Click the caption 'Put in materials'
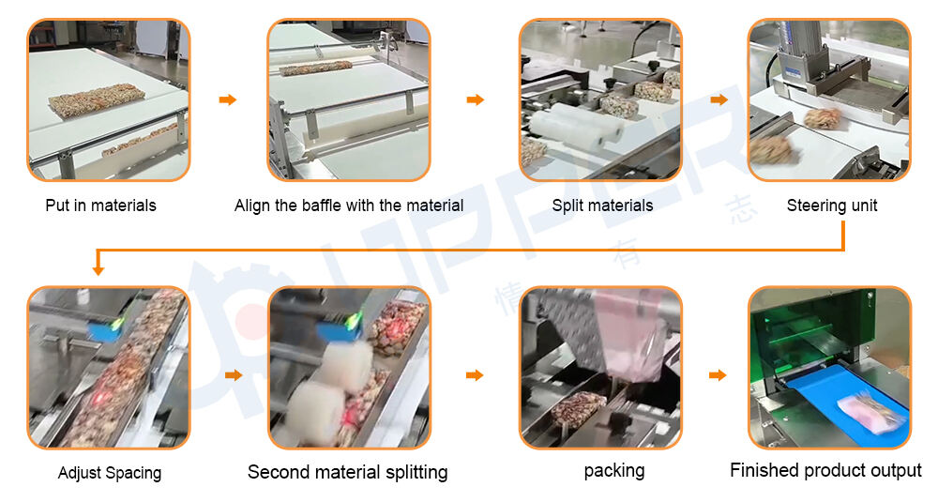[x=100, y=205]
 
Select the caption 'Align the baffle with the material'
[x=349, y=205]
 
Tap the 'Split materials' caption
[x=602, y=205]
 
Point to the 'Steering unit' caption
[x=831, y=205]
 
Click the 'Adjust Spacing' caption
[x=110, y=473]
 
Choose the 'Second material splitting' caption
[x=348, y=472]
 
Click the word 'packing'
[x=614, y=470]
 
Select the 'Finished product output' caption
[x=825, y=470]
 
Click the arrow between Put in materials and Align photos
[x=228, y=99]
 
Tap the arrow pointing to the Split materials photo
[x=476, y=99]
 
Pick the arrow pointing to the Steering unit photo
[x=719, y=99]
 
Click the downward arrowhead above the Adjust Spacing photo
[x=98, y=270]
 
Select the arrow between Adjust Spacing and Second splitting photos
[x=234, y=375]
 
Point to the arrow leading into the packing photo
[x=475, y=375]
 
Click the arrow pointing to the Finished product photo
[x=718, y=375]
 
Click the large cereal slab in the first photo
[x=97, y=101]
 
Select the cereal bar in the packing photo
[x=579, y=409]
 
